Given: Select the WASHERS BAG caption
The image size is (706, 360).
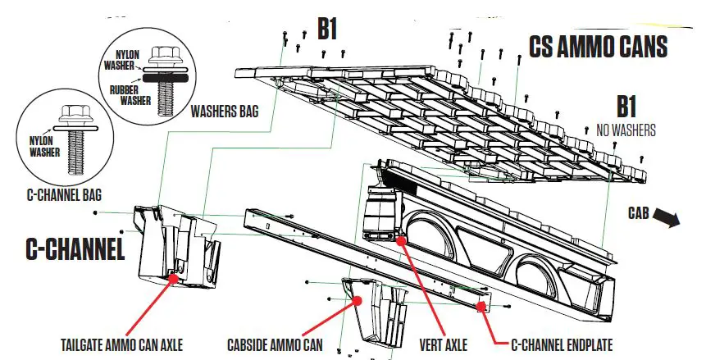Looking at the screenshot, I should click(x=225, y=109).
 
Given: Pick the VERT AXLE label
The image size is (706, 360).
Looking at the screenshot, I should click(x=444, y=344).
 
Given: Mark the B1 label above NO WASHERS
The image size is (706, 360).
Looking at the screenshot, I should click(x=626, y=107).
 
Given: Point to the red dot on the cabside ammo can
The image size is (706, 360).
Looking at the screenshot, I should click(x=358, y=301).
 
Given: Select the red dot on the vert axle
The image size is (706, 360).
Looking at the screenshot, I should click(x=400, y=240).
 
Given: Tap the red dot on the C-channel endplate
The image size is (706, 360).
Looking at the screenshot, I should click(x=480, y=306).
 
